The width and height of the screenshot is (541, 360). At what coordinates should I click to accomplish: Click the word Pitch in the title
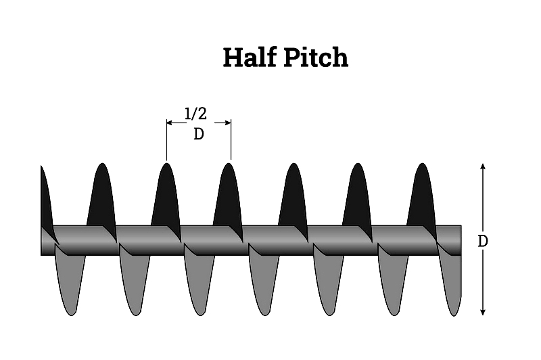click(316, 57)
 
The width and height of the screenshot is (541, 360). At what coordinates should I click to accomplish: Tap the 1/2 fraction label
click(195, 114)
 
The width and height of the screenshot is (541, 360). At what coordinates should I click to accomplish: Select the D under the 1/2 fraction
click(198, 134)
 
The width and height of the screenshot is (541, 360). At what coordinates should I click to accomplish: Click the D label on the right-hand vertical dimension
click(483, 241)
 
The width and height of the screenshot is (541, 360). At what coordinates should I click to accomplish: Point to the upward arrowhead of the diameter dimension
click(483, 166)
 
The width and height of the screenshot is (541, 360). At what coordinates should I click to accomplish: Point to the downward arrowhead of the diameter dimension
click(483, 312)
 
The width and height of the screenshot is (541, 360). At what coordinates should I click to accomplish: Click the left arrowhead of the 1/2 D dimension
click(170, 122)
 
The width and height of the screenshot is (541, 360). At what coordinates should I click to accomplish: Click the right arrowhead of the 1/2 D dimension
click(228, 122)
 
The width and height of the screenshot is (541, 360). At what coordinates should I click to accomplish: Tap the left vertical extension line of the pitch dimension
click(166, 140)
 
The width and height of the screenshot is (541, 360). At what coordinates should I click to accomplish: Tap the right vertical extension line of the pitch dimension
click(231, 139)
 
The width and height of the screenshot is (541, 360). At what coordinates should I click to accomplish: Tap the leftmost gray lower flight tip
click(71, 313)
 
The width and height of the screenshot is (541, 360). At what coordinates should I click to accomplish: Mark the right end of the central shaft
click(461, 241)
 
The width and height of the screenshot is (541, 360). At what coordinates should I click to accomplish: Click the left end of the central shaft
click(41, 241)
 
